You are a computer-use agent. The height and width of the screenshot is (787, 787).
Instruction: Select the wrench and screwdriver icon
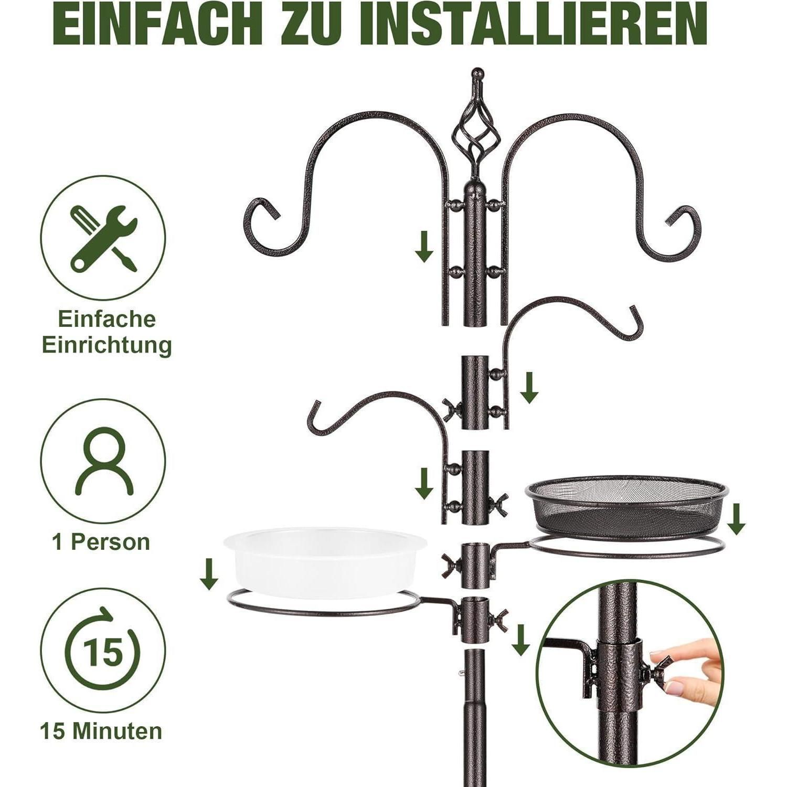pyautogui.click(x=103, y=238)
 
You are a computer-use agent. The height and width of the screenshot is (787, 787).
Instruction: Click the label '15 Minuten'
pyautogui.click(x=101, y=731)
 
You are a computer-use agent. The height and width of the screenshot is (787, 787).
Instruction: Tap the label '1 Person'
pyautogui.click(x=101, y=542)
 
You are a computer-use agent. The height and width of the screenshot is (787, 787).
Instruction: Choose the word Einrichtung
pyautogui.click(x=107, y=345)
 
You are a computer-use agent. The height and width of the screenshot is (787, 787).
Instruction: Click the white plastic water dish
pyautogui.click(x=325, y=561)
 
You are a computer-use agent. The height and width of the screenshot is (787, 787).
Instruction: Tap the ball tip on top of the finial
pyautogui.click(x=476, y=73)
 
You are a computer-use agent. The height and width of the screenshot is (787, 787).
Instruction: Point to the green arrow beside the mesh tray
pyautogui.click(x=737, y=519)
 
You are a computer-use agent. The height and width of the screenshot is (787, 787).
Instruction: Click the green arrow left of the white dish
pyautogui.click(x=209, y=574)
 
